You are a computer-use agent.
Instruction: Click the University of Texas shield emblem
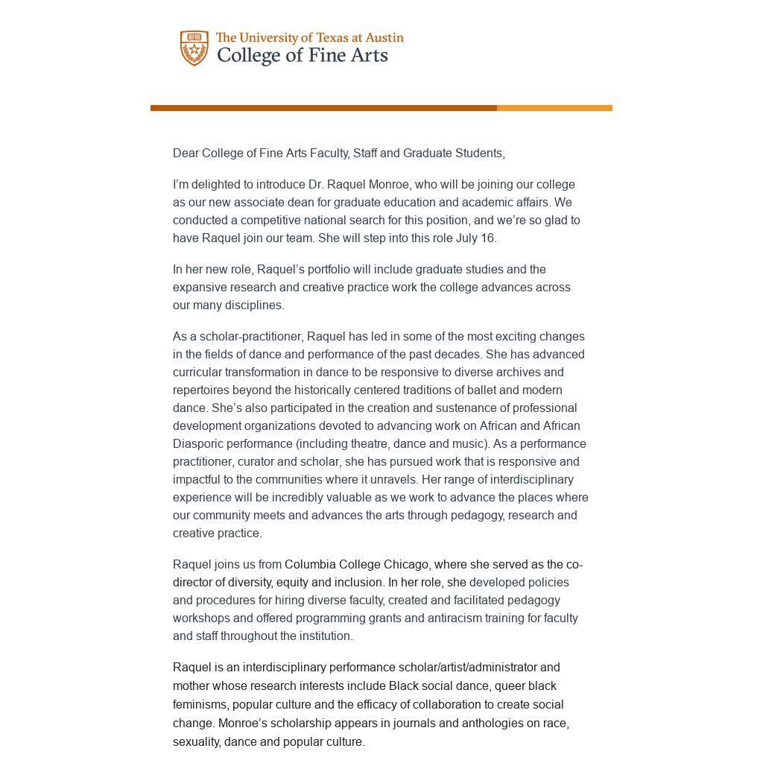(194, 48)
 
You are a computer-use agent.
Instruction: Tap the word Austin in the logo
(384, 37)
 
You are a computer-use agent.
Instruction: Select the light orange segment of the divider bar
(554, 108)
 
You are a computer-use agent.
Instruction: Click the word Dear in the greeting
(186, 153)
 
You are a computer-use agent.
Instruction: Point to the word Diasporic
(197, 444)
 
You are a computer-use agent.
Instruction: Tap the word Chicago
(406, 565)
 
